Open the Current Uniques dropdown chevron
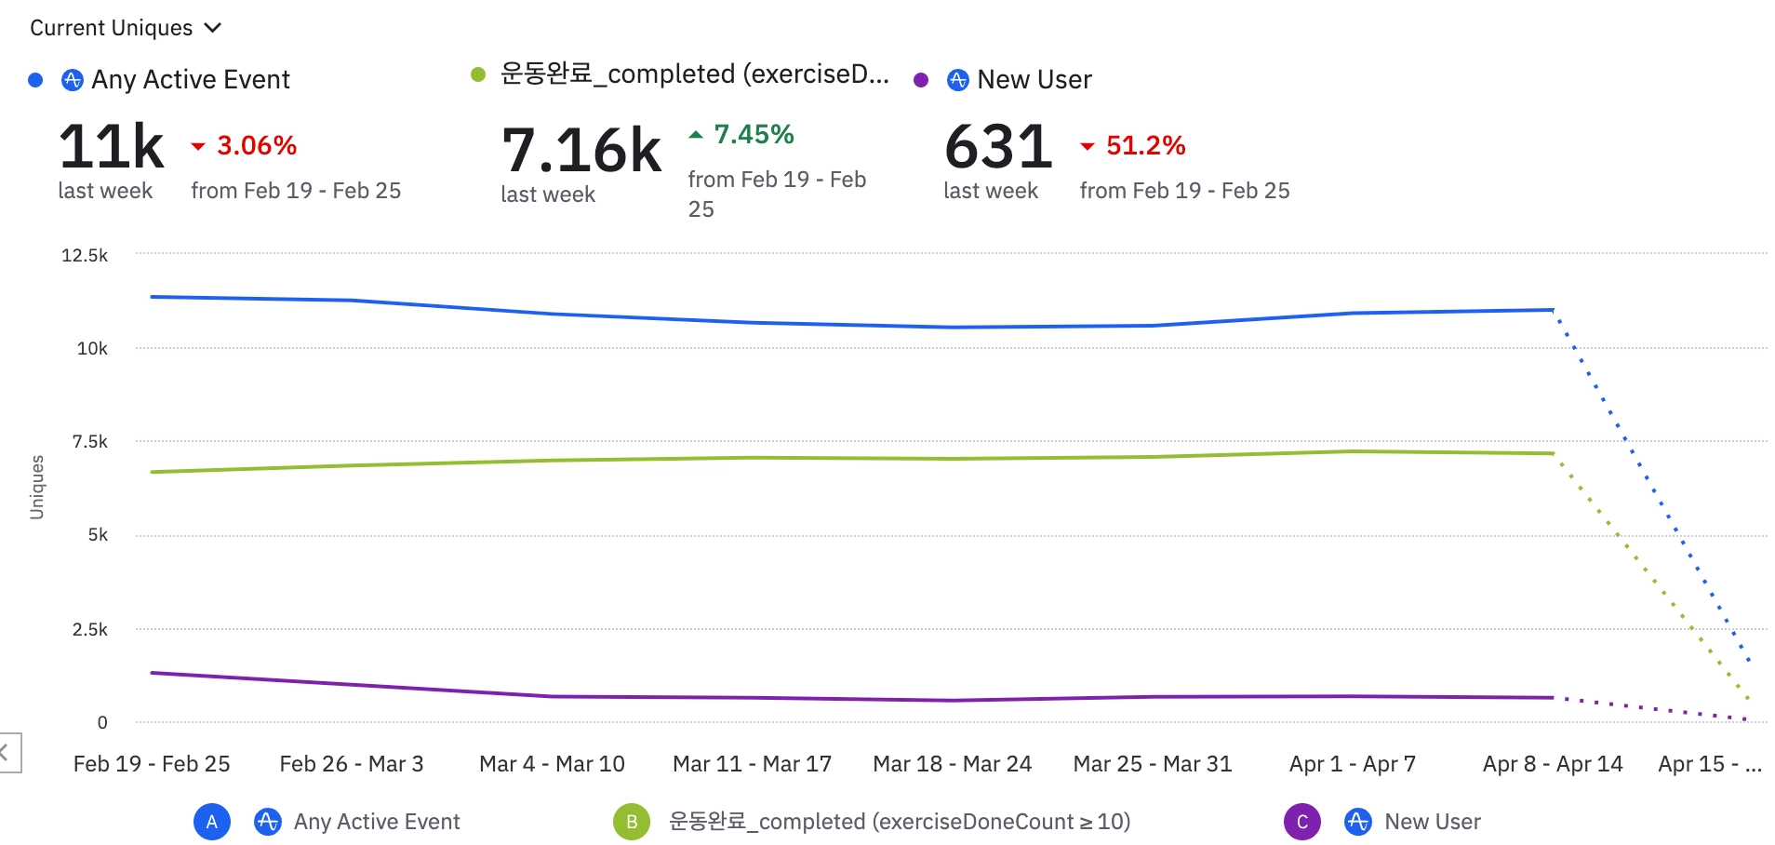[213, 28]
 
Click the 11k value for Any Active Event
[112, 147]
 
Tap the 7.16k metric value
[581, 151]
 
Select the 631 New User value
[998, 147]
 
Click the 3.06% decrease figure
[256, 145]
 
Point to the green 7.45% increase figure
[753, 135]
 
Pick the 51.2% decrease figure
[1145, 145]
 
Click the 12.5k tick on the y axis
[85, 255]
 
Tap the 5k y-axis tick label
[98, 535]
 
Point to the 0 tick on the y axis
[102, 722]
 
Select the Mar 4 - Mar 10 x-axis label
[552, 764]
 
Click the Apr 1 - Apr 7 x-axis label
[1353, 764]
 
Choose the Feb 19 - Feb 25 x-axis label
[152, 764]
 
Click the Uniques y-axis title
[37, 487]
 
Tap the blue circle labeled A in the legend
[212, 822]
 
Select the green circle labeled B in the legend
[632, 822]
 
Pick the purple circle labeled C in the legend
[1302, 822]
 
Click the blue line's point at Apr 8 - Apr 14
[1553, 310]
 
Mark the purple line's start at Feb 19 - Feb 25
[152, 673]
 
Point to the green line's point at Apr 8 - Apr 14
[1553, 453]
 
